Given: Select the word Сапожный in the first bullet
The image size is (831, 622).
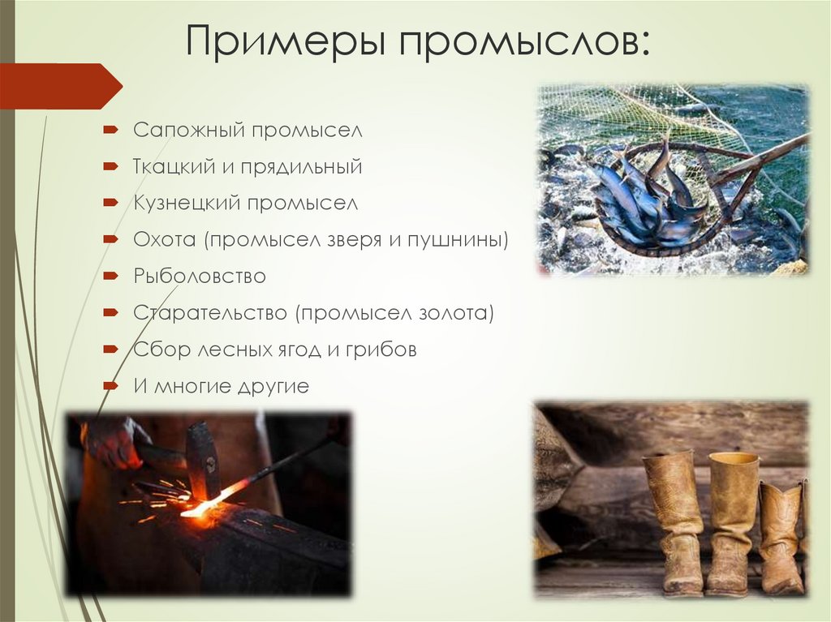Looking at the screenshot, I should tap(188, 130).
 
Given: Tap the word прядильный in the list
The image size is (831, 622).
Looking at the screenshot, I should tap(312, 167).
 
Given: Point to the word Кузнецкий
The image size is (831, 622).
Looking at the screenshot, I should tap(187, 204).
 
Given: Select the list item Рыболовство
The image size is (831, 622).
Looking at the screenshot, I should tap(200, 277).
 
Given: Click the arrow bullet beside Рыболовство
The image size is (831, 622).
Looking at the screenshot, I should tap(111, 277).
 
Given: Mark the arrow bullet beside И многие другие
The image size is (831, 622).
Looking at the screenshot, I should tap(111, 386).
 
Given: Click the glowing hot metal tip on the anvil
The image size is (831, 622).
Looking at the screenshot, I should tap(195, 510).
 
